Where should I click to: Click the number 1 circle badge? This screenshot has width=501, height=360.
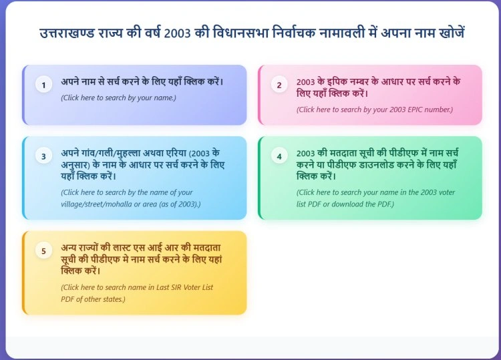coord(43,85)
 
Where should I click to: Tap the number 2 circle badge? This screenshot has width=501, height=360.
coord(279,85)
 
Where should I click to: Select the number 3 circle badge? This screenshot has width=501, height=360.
coord(43,156)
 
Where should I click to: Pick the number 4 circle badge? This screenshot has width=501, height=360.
coord(279,156)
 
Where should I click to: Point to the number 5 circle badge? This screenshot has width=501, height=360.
coord(43,251)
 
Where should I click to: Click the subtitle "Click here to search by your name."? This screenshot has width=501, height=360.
coord(118,98)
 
